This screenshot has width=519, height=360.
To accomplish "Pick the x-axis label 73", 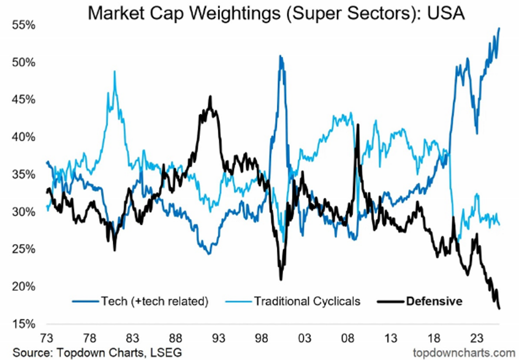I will (x=47, y=337).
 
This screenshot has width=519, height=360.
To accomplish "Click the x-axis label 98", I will (x=262, y=337).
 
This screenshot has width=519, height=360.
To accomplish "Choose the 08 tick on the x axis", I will (x=348, y=337).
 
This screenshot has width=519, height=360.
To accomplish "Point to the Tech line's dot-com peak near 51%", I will (x=280, y=56).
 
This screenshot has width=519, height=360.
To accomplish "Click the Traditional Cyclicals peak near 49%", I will (x=115, y=72).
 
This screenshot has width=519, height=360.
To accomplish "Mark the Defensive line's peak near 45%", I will (x=210, y=97).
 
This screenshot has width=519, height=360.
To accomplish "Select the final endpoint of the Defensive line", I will (x=499, y=309).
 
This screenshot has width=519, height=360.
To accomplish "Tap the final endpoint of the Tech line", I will (x=499, y=28).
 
